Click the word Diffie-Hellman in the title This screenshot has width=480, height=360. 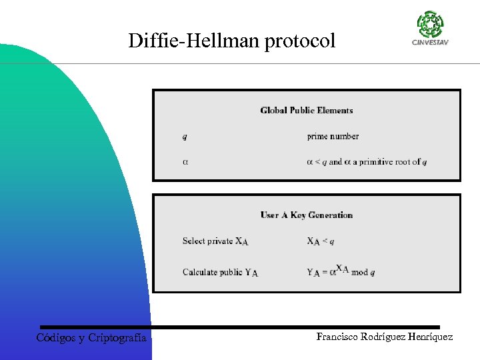(194, 41)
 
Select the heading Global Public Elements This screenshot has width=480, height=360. (307, 111)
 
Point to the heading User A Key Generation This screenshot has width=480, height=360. (307, 215)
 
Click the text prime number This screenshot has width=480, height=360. (333, 137)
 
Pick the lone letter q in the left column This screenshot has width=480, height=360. (185, 137)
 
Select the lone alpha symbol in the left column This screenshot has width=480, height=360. (185, 162)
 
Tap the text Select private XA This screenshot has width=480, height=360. (215, 241)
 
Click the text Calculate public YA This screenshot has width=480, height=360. (220, 272)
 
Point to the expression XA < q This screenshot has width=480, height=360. (321, 241)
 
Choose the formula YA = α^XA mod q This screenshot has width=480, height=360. (341, 271)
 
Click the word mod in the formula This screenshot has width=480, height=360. (359, 272)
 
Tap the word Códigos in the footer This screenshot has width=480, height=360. (56, 338)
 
